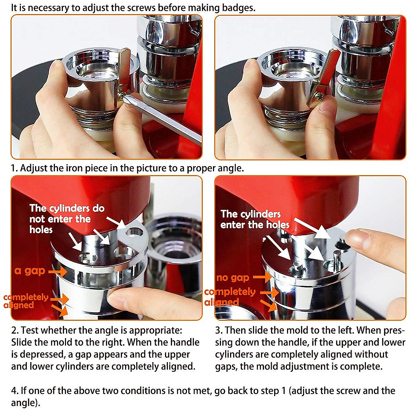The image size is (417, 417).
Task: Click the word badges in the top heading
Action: point(237,8)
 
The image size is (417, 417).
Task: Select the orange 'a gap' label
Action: point(30,271)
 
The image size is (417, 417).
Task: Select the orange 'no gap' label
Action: point(232,277)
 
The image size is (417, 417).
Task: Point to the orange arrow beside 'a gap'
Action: point(58,271)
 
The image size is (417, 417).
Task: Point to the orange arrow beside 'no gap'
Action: point(262,277)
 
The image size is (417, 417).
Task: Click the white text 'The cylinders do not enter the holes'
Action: point(66,219)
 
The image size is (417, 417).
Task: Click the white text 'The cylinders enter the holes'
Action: point(254,219)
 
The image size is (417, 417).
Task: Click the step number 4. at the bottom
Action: point(15,391)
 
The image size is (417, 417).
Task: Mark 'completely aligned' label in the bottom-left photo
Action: point(25,301)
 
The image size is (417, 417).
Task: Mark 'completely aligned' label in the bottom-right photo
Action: point(229,296)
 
